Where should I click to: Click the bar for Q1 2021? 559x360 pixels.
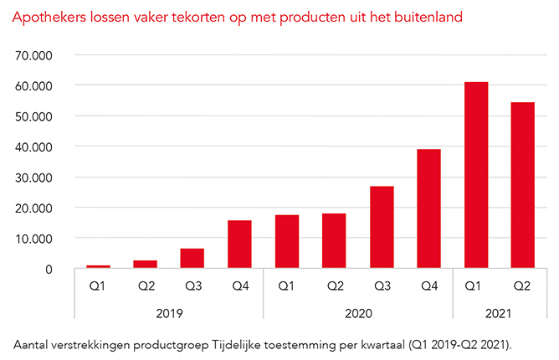point(476,175)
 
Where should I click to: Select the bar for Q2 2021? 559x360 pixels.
point(523,185)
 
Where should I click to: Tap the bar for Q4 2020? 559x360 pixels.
point(428,208)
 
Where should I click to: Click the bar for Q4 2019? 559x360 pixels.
point(239,244)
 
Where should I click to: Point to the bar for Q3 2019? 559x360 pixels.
point(192,258)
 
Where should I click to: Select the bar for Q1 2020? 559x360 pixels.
point(287,241)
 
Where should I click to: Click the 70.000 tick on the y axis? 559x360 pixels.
point(34,55)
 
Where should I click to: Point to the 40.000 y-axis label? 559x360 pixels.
point(34,147)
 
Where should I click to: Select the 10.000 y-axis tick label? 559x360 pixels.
point(34,239)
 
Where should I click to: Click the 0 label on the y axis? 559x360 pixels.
point(49,269)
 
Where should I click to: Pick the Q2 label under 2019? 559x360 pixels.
point(146,285)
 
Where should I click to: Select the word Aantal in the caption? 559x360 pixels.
point(32,344)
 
